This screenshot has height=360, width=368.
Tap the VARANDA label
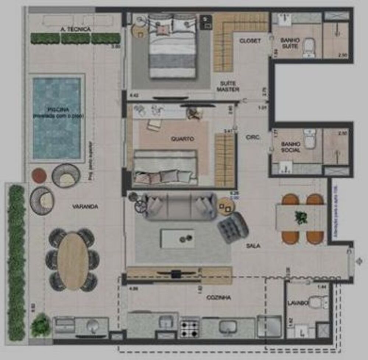(85, 207)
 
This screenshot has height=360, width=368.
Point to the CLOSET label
(250, 41)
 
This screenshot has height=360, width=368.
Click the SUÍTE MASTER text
(228, 86)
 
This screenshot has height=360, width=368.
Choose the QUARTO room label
(182, 139)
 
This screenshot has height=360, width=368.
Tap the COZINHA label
(219, 297)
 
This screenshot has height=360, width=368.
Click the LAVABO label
(298, 303)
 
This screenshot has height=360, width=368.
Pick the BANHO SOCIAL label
(290, 147)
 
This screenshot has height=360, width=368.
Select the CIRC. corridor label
(253, 137)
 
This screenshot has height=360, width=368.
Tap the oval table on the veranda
(73, 260)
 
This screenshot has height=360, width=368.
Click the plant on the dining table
(301, 217)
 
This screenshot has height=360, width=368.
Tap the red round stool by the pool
(39, 176)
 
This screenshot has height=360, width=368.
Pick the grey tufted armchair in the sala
(233, 227)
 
